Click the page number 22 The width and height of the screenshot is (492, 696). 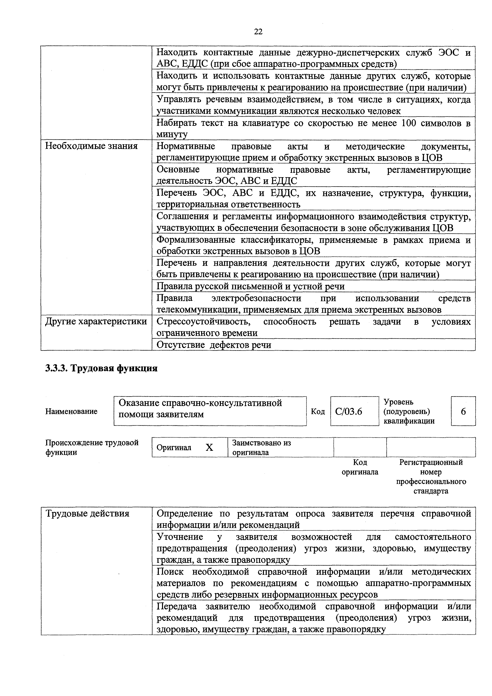258,32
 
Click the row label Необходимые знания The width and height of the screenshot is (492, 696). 91,146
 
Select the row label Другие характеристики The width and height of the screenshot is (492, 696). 96,321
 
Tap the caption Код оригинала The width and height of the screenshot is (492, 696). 360,467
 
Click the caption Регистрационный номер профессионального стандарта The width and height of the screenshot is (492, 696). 431,477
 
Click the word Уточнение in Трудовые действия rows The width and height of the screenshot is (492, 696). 180,537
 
